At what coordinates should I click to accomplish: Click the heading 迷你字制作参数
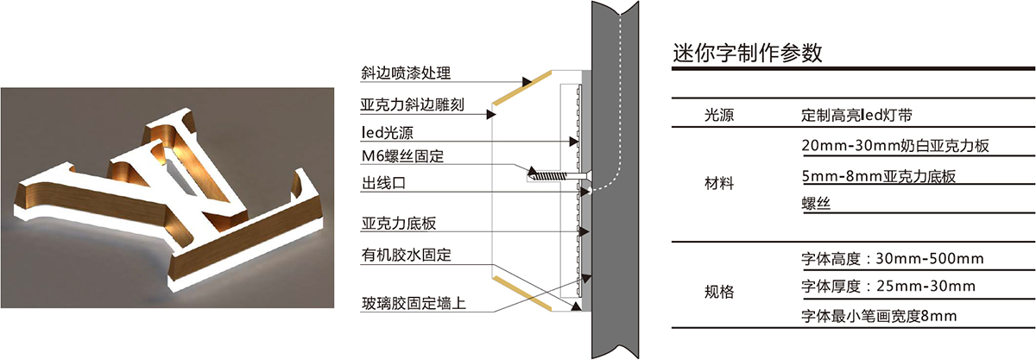tap(747, 53)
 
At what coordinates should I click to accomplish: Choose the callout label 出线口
tap(384, 183)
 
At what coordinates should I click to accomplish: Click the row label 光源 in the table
tap(720, 114)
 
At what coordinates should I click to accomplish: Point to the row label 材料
tap(720, 183)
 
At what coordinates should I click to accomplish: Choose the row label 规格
tap(720, 292)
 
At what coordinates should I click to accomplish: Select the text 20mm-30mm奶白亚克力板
tap(894, 147)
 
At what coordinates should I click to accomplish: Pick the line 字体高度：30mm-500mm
tap(894, 259)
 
